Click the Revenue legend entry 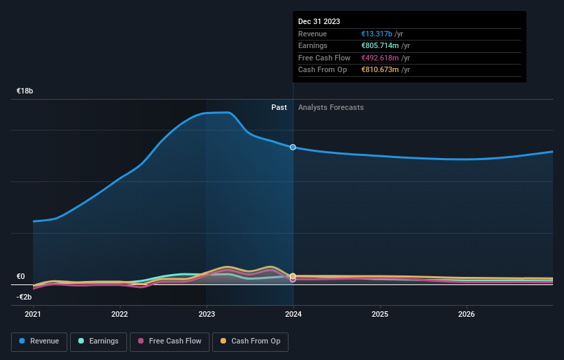39,341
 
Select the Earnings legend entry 98,341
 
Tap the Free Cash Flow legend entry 170,341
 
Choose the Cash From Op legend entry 250,341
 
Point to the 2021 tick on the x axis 33,315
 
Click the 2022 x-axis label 120,315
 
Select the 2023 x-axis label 206,315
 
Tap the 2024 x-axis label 293,315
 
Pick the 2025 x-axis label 380,315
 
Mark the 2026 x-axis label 466,315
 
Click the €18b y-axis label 25,91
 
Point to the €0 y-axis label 21,276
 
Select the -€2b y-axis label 25,297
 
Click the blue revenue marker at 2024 293,147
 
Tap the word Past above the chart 279,107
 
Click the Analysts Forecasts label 330,107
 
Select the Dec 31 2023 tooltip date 319,22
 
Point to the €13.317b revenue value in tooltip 376,34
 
